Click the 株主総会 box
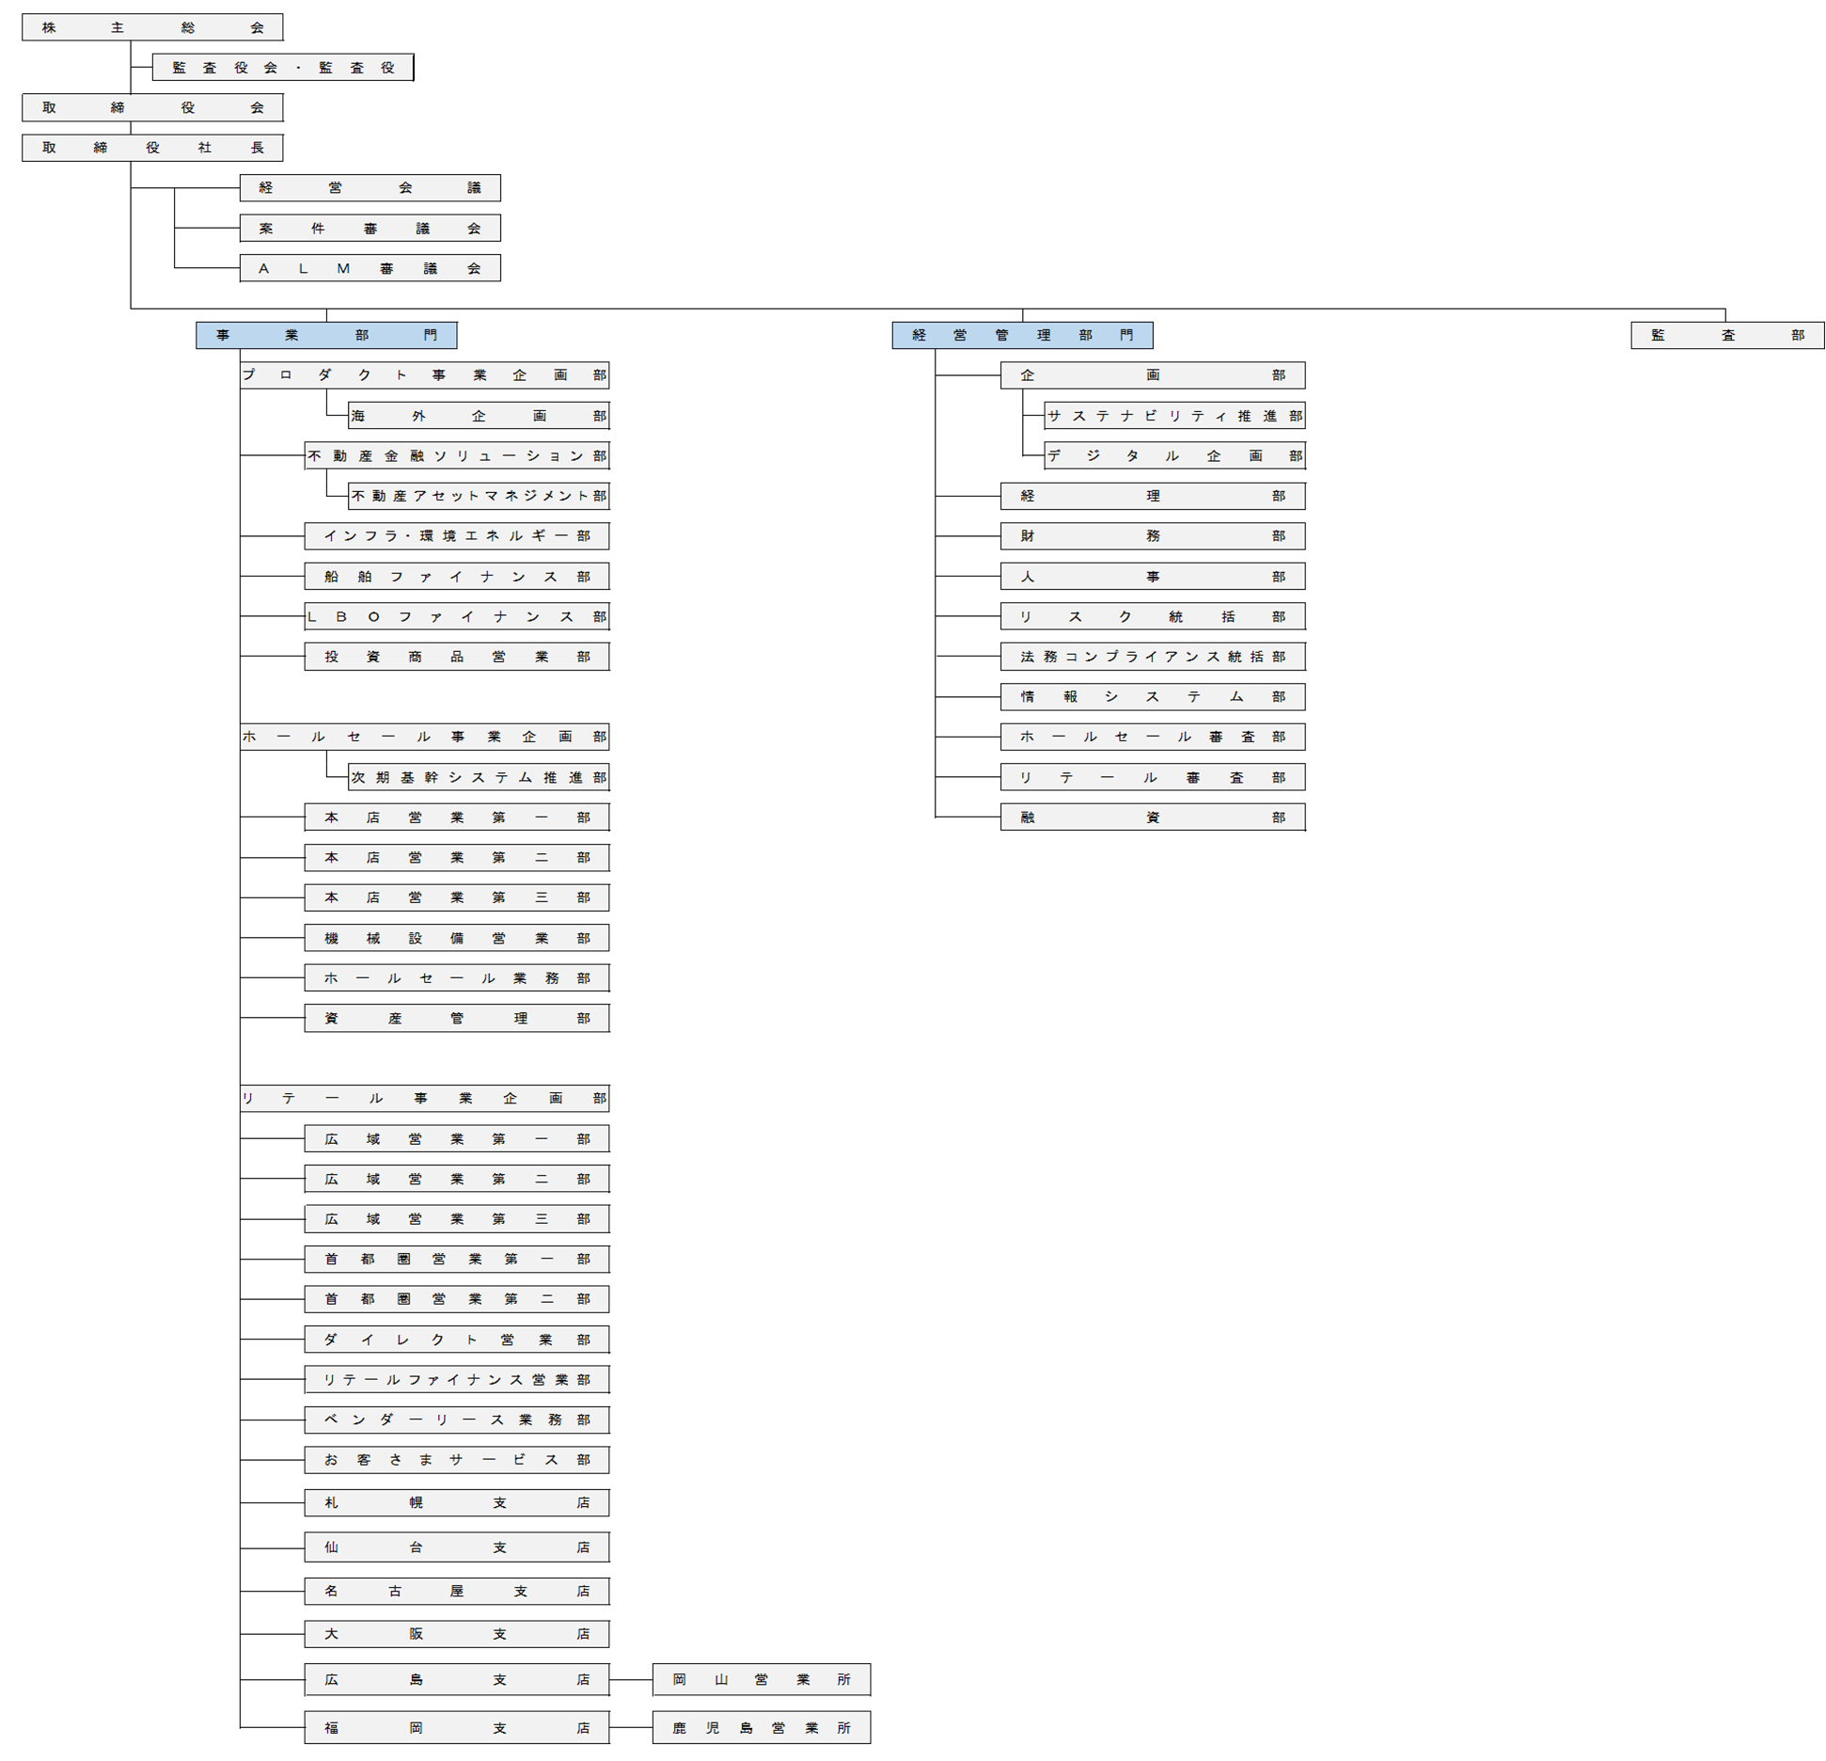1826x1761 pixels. tap(152, 27)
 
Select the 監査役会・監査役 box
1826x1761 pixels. tap(283, 68)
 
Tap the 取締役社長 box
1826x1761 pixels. tap(152, 148)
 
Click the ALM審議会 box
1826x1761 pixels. tap(370, 268)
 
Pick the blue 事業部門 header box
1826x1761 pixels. tap(326, 335)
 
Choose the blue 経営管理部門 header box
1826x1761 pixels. tap(1022, 335)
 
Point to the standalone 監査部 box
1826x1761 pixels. tap(1727, 335)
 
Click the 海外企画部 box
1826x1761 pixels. tap(479, 416)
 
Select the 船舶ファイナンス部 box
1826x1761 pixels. tap(457, 577)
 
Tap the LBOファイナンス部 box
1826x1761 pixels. tap(457, 617)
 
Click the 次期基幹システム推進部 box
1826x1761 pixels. tap(479, 777)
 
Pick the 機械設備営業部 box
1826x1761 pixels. tap(457, 938)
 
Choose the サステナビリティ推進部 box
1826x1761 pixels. tap(1174, 416)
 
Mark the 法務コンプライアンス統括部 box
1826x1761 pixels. tap(1153, 657)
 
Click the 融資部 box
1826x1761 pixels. tap(1153, 817)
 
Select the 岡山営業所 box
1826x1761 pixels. tap(762, 1679)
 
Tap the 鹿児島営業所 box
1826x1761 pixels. tap(762, 1727)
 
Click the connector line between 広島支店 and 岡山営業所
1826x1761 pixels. tap(631, 1679)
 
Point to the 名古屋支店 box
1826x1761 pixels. tap(457, 1591)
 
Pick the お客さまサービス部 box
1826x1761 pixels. tap(457, 1460)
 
